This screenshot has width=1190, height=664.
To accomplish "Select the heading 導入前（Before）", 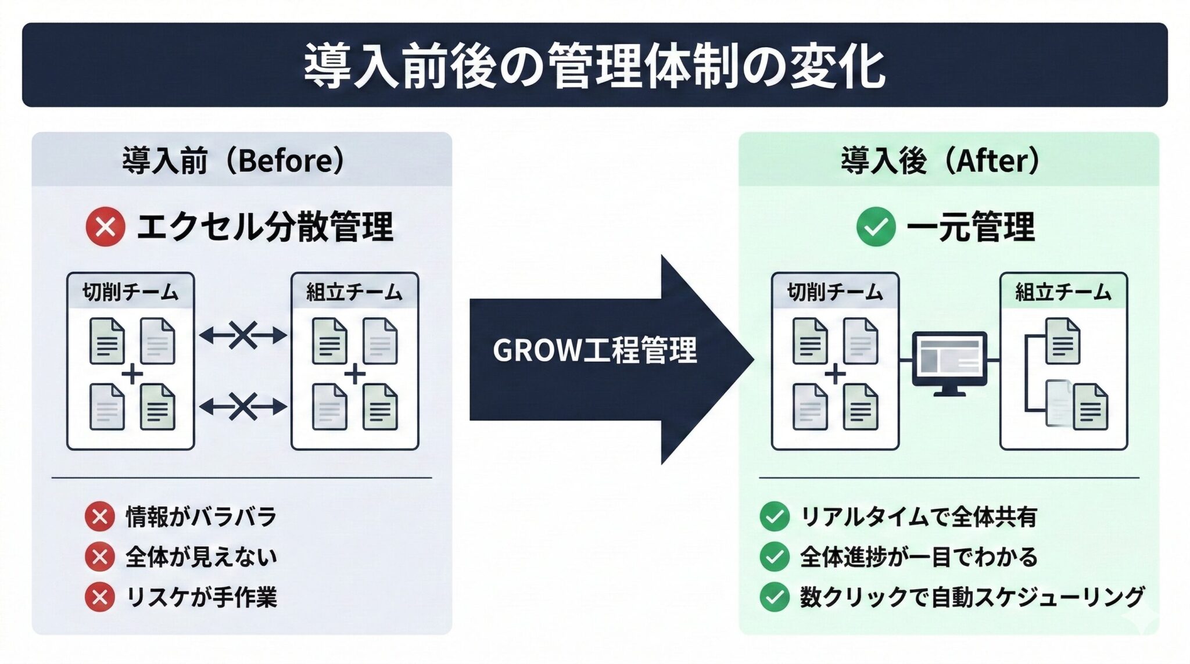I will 234,160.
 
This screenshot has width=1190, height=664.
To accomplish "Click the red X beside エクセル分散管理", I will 105,227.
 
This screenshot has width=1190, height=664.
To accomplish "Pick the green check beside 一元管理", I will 875,227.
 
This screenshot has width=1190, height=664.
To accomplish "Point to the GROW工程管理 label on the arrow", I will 594,350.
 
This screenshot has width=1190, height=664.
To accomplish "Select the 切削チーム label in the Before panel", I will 130,292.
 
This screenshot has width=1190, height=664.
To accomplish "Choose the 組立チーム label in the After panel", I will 1063,292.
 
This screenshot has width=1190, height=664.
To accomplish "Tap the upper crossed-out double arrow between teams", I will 243,335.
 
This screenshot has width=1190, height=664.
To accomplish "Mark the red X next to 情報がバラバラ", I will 99,516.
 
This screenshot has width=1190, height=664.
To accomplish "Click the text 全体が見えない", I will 201,557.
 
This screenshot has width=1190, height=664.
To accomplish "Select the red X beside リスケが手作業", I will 99,597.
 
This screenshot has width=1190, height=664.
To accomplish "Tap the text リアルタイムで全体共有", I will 918,516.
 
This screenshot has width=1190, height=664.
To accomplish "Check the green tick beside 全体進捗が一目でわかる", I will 774,557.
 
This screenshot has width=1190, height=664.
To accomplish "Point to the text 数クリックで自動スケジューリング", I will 972,597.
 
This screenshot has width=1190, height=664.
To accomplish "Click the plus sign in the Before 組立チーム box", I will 354,374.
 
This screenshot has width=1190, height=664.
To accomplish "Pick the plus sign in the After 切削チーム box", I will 835,374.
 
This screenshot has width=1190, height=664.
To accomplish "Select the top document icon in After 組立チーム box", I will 1063,341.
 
